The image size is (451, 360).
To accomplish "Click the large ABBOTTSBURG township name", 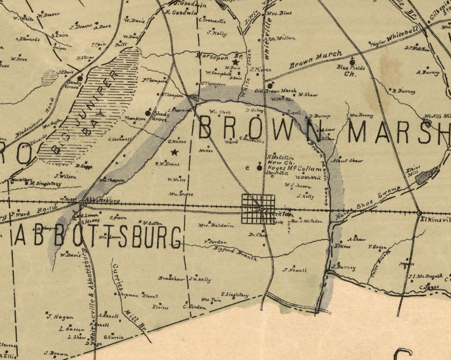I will tap(99, 237).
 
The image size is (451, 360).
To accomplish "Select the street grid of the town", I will tap(258, 209).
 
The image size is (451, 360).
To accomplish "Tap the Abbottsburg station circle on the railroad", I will tap(82, 202).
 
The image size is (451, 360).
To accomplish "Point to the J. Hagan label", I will tap(57, 317).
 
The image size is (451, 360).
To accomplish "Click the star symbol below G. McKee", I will tap(174, 153).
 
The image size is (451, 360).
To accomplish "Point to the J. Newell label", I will tap(295, 270).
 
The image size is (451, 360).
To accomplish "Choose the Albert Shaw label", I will tap(348, 161).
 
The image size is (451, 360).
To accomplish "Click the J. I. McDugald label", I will tap(425, 277).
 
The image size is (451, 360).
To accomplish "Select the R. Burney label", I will tap(405, 90).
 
